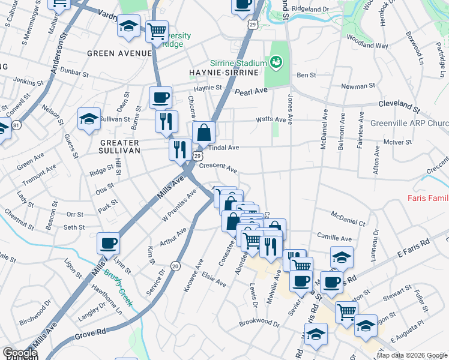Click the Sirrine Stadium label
238,64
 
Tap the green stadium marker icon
276,61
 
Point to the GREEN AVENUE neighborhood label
119,53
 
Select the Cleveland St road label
399,106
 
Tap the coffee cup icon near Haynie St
160,97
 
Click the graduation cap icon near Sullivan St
89,118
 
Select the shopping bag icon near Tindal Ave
203,132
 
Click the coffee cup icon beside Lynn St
108,243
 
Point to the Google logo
20,353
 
